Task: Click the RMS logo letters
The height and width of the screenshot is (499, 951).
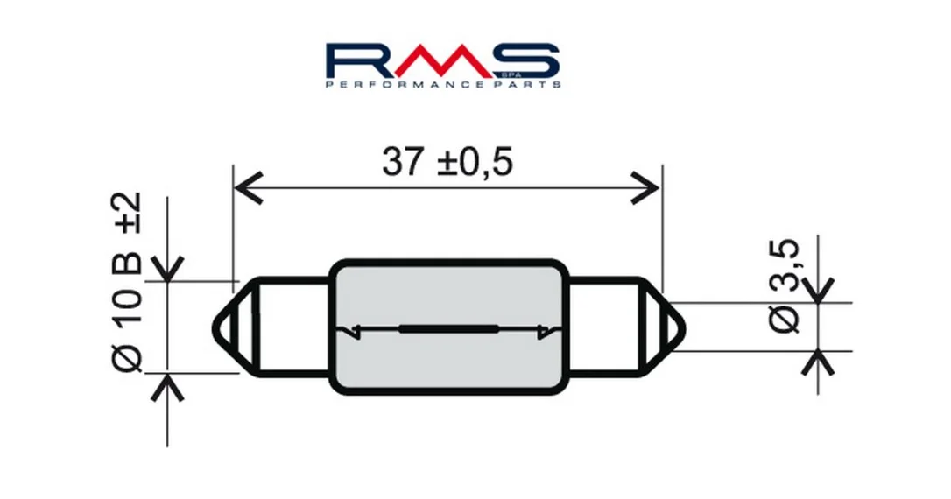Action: click(442, 60)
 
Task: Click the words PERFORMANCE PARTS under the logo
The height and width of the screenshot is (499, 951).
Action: click(443, 84)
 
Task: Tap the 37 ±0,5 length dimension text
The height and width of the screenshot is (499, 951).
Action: click(447, 161)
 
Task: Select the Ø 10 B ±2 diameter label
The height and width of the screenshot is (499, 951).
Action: click(127, 282)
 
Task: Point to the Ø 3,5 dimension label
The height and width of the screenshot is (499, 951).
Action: click(785, 286)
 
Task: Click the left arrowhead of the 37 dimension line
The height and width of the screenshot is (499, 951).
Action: click(248, 188)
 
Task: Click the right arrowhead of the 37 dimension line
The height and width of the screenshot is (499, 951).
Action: click(645, 188)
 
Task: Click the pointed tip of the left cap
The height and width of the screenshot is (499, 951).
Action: click(215, 329)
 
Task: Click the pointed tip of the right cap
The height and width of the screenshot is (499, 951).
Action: click(684, 329)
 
